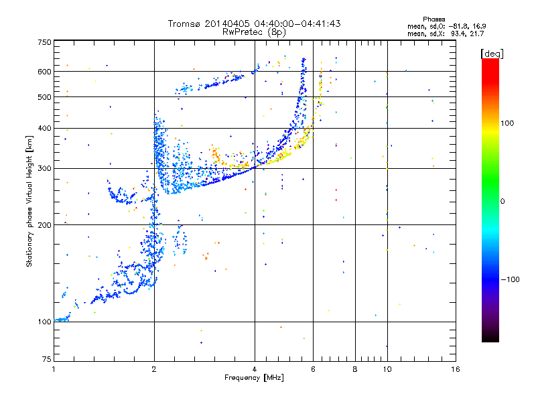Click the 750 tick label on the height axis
(x=44, y=42)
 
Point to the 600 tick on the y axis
(x=44, y=71)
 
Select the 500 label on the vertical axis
(x=44, y=97)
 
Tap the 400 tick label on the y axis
(x=44, y=129)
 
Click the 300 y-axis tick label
(x=44, y=168)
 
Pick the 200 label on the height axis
(x=44, y=225)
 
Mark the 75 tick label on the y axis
(x=46, y=361)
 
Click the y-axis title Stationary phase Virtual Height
(x=29, y=201)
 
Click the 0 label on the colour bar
(x=503, y=201)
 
